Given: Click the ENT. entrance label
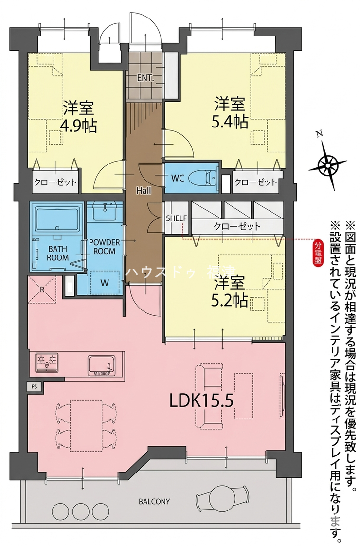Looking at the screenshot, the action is pos(145,78).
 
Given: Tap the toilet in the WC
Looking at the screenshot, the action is pos(203,178).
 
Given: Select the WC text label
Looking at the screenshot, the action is pos(177,178).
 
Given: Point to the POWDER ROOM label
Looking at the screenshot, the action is pos(104,246).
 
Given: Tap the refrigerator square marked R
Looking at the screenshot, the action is pos(42,289).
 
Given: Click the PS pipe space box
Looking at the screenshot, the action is pos(34,386).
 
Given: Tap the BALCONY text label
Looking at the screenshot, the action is pos(154,501).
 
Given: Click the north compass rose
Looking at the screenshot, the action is pos(327,163).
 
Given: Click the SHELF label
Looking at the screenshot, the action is pos(177,218).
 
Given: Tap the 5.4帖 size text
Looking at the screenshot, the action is pos(230,122).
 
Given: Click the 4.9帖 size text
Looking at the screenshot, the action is pos(79,126).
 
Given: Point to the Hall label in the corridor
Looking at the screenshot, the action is pos(144,190).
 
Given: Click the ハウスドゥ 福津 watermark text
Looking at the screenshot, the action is pos(180,272).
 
